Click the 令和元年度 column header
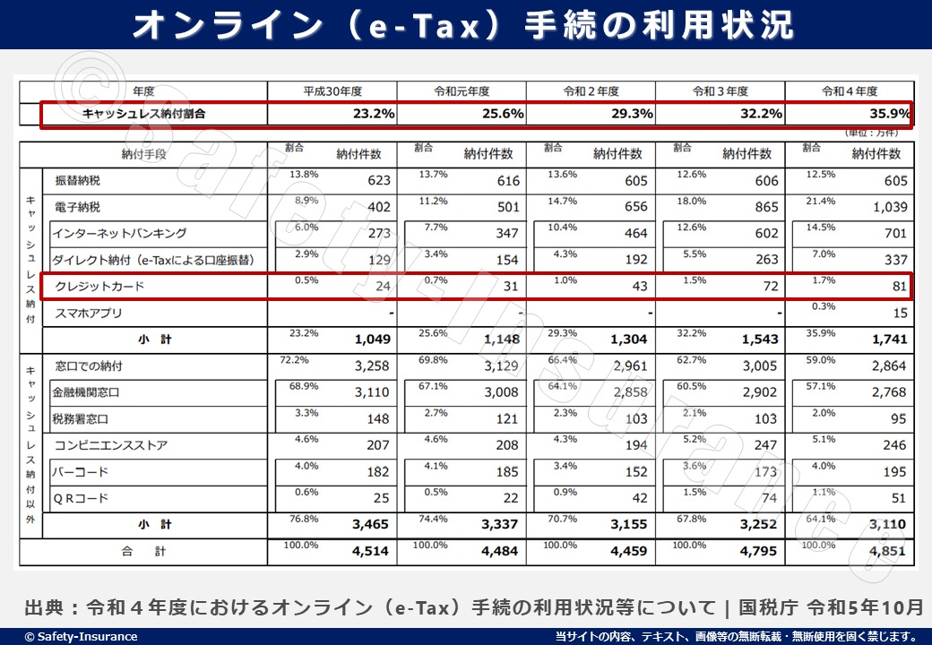click(462, 91)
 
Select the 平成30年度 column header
click(332, 91)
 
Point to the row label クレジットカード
click(99, 287)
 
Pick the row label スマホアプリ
click(89, 314)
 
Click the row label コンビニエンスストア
click(110, 445)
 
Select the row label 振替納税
click(78, 181)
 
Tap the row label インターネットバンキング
click(119, 234)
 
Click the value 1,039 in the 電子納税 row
click(889, 208)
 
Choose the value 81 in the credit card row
click(899, 288)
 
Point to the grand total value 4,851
click(888, 552)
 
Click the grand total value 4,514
click(371, 552)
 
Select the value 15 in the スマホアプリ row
click(900, 314)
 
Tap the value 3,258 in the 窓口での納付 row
click(372, 366)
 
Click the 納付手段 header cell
click(144, 154)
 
